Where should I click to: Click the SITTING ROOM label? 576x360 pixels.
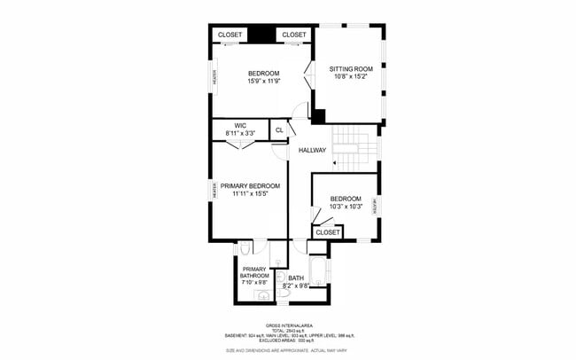click(x=352, y=68)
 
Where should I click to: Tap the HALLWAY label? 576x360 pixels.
click(x=312, y=150)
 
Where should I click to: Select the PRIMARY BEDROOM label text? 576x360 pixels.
click(x=250, y=185)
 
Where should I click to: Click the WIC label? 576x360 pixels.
click(x=240, y=125)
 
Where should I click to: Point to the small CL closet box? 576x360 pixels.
click(x=279, y=129)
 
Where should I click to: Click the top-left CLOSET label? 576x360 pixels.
click(x=230, y=35)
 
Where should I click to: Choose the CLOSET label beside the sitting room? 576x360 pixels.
click(x=293, y=35)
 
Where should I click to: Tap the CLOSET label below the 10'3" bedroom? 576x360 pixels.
click(x=328, y=231)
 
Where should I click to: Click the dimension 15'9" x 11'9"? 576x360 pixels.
click(x=263, y=81)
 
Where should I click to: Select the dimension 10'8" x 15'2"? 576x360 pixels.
click(x=352, y=76)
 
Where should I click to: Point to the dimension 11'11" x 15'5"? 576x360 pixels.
click(x=250, y=193)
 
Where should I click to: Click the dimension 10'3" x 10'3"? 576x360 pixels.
click(x=345, y=207)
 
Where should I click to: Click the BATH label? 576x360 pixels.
click(x=295, y=278)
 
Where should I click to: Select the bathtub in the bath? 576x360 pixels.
click(x=317, y=271)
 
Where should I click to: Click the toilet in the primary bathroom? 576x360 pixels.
click(x=245, y=250)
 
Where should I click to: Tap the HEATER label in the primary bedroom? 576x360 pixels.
click(x=214, y=190)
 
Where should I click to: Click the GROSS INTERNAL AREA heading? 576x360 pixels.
click(x=288, y=325)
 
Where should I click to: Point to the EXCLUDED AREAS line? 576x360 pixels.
click(x=288, y=340)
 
